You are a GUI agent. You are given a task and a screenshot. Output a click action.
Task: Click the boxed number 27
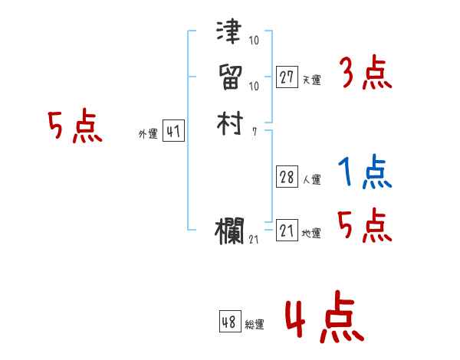tap(287, 77)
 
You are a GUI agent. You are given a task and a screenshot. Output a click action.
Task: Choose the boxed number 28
tap(287, 177)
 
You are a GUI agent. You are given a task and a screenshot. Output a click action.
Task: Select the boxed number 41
tap(173, 132)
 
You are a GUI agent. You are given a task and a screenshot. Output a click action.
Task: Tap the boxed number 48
tap(229, 322)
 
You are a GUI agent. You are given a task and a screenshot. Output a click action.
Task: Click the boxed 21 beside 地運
tap(287, 230)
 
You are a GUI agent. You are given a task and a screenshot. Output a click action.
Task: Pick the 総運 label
tap(255, 325)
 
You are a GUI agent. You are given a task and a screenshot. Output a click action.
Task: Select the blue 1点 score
tap(365, 174)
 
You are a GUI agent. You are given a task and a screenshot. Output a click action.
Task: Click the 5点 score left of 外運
tap(74, 127)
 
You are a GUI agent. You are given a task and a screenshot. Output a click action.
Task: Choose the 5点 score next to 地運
tap(365, 227)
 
